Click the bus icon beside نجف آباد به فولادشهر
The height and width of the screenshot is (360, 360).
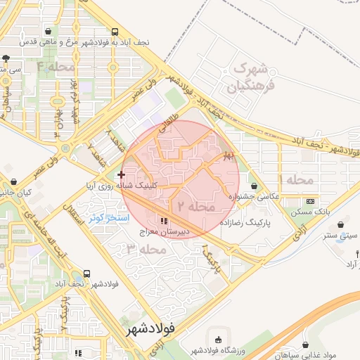point(115,32)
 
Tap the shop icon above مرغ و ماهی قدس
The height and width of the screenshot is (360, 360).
point(48,32)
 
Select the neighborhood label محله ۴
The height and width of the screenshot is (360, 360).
point(56,67)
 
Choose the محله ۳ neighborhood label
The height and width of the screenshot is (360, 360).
point(146,249)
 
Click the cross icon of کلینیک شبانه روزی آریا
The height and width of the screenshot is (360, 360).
point(122,174)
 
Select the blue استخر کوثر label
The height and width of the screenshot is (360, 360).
point(108,219)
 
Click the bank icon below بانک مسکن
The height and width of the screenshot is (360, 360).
point(310,221)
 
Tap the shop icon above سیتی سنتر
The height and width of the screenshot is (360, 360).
point(341,225)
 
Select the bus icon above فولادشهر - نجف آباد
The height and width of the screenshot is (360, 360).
point(86,273)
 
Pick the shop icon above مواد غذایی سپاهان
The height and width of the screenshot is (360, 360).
point(304,345)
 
